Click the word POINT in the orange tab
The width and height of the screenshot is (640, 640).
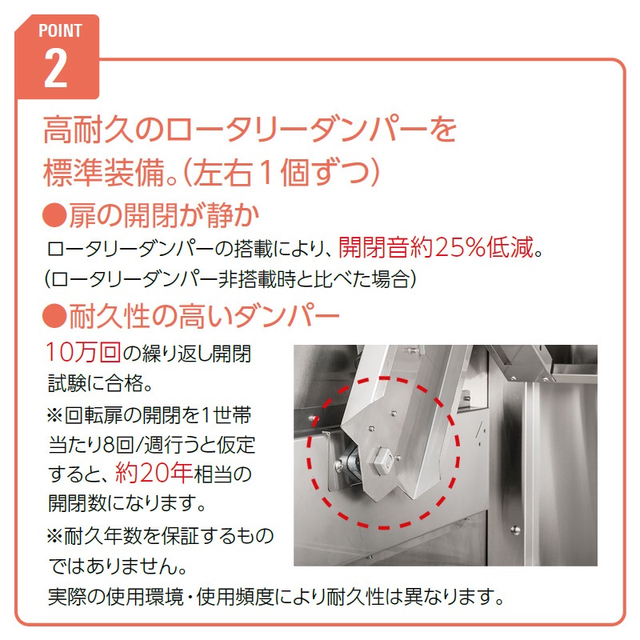tap(60, 30)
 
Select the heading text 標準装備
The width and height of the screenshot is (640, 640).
tap(104, 172)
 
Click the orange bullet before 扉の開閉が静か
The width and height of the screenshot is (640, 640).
tap(54, 215)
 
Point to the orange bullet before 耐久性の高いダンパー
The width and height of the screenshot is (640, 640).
tap(54, 316)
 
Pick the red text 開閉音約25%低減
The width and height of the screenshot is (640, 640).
tap(436, 247)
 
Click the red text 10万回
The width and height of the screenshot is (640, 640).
tap(83, 352)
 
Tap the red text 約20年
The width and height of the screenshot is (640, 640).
tap(154, 473)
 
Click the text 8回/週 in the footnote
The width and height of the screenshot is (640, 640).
tap(130, 444)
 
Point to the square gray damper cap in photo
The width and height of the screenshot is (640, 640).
tap(380, 461)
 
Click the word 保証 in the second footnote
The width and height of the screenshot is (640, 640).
tap(180, 535)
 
